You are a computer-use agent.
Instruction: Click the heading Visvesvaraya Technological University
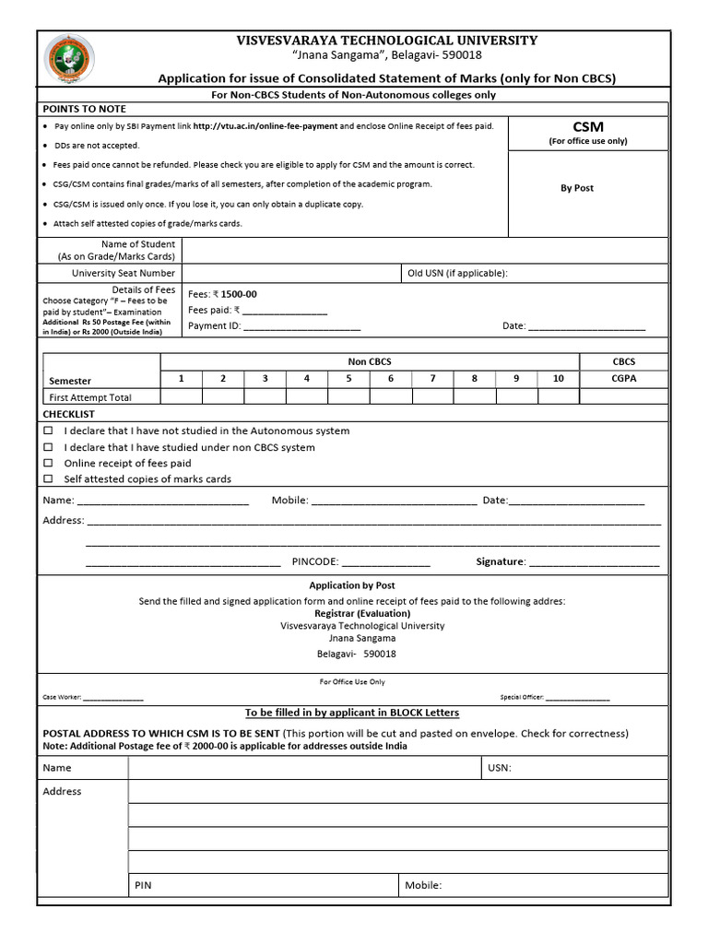tap(387, 41)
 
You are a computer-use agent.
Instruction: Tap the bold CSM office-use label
tap(587, 126)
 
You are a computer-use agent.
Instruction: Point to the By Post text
tap(577, 188)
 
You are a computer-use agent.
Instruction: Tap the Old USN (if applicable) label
tap(457, 273)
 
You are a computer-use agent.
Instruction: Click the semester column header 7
tap(432, 378)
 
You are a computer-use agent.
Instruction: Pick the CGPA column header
tap(623, 378)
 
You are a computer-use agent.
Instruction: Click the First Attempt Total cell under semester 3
tap(265, 396)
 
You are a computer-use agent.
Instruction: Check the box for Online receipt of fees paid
tap(49, 464)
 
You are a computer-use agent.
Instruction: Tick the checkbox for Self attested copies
tap(49, 479)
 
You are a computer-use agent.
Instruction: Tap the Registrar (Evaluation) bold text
tap(362, 613)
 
